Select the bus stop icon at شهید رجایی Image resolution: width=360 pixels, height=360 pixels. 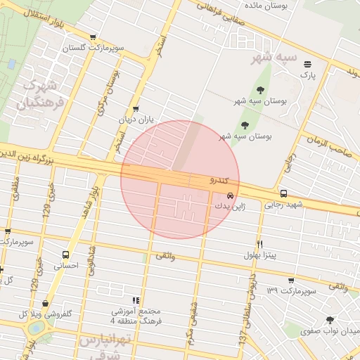pyautogui.click(x=283, y=194)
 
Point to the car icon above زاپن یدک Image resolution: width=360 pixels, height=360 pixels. pyautogui.click(x=229, y=196)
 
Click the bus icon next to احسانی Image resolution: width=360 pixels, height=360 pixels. pyautogui.click(x=65, y=255)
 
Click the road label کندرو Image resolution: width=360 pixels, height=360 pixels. pyautogui.click(x=222, y=180)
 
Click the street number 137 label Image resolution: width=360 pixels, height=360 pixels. pyautogui.click(x=243, y=339)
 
